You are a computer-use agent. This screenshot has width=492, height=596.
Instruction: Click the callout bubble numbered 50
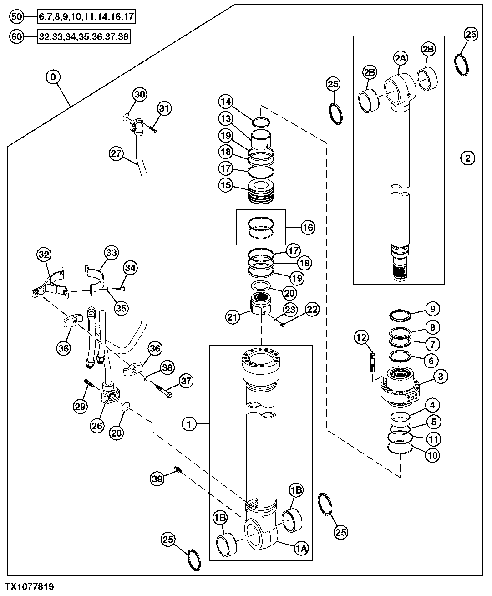pyautogui.click(x=16, y=17)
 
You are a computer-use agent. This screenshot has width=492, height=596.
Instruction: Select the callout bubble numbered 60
pyautogui.click(x=16, y=37)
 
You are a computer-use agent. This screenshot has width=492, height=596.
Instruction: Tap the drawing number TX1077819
pyautogui.click(x=30, y=587)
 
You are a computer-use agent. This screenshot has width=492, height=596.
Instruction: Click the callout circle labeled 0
pyautogui.click(x=53, y=77)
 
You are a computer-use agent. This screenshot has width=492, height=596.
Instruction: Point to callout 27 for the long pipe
pyautogui.click(x=117, y=153)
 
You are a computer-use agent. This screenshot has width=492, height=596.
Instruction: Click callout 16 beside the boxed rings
pyautogui.click(x=308, y=227)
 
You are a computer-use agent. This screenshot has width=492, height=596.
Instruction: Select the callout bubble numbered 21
pyautogui.click(x=233, y=316)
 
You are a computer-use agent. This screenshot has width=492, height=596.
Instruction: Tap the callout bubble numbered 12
pyautogui.click(x=361, y=337)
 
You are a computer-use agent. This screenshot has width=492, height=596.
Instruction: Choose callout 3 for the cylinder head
pyautogui.click(x=441, y=376)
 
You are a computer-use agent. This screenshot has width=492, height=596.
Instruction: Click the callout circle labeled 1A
pyautogui.click(x=301, y=549)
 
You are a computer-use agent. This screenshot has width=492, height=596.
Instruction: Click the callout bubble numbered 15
pyautogui.click(x=225, y=186)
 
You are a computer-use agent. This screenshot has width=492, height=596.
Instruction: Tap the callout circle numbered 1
pyautogui.click(x=189, y=424)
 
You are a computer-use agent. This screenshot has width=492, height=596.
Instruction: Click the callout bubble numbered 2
pyautogui.click(x=467, y=158)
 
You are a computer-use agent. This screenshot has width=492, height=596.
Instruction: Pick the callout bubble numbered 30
pyautogui.click(x=140, y=94)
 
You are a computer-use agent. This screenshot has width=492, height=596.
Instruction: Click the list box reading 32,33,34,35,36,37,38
pyautogui.click(x=84, y=37)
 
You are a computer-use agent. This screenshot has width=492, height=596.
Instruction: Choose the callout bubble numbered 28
pyautogui.click(x=117, y=433)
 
